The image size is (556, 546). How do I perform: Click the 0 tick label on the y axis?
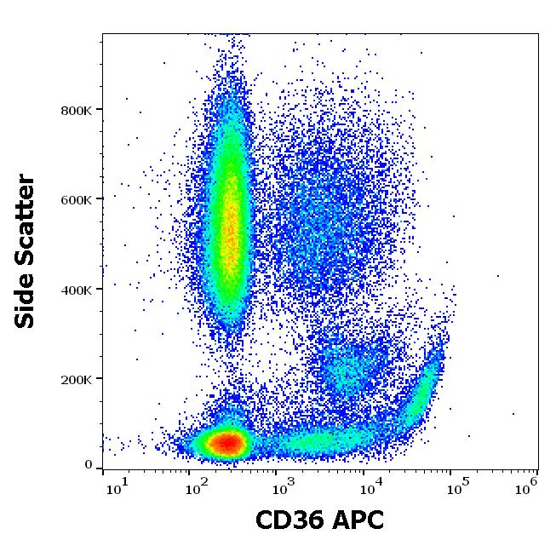click(89, 465)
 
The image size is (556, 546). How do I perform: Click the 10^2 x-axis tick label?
click(198, 487)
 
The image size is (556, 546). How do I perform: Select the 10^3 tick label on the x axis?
click(284, 487)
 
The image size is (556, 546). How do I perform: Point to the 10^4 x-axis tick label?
click(370, 487)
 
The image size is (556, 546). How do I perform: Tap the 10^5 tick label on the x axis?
click(457, 487)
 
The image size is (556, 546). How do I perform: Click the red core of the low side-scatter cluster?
click(226, 443)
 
